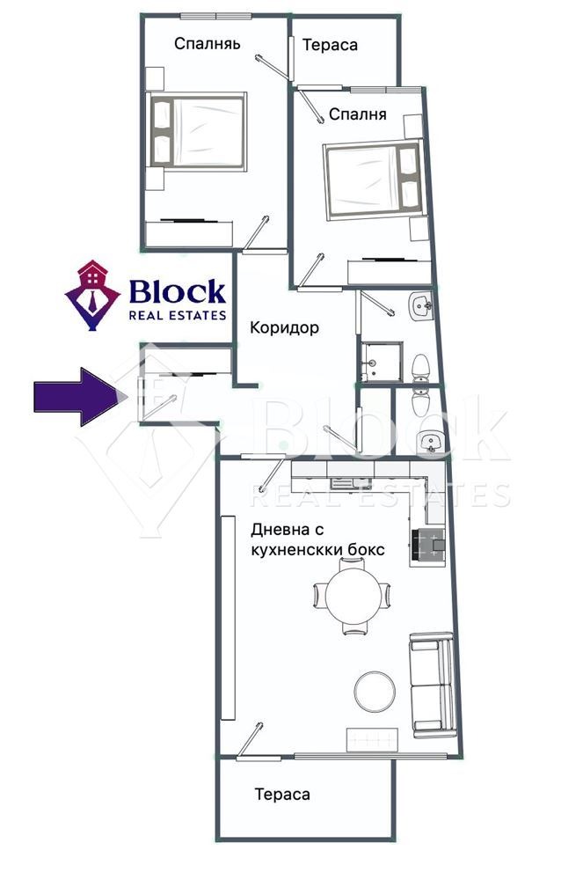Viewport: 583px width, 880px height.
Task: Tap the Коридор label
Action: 284,327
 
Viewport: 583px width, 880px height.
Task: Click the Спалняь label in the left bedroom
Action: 207,44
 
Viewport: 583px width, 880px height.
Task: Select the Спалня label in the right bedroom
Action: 358,114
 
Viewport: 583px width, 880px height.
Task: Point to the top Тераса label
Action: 330,45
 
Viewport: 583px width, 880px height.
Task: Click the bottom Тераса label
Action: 282,794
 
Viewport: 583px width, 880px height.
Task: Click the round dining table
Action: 352,595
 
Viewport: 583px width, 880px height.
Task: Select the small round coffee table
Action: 375,691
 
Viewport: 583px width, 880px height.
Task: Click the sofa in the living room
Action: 433,685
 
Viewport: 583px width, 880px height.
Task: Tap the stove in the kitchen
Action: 427,545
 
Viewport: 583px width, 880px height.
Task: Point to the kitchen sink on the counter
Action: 343,481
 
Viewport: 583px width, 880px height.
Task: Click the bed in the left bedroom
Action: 197,131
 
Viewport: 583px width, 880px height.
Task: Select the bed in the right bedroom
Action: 374,179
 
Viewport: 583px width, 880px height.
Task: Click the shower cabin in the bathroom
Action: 382,362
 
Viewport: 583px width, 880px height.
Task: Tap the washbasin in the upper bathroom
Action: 420,306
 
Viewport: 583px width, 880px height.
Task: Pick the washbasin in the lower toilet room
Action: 431,442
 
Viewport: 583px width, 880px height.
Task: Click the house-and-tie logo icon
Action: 92,295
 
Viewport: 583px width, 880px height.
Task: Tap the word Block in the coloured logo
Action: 177,292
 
